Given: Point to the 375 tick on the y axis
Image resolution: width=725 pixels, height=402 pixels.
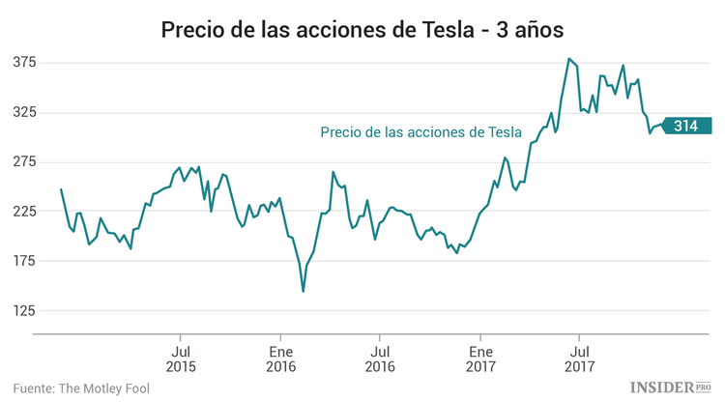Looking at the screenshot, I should tap(24, 63).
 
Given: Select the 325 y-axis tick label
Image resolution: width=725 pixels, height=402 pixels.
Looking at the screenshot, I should tap(24, 112).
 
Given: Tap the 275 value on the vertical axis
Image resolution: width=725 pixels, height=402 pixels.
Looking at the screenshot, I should tap(24, 161).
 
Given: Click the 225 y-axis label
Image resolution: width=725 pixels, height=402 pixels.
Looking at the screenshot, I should tap(24, 211).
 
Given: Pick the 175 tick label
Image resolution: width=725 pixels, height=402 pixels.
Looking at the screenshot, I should tap(24, 261).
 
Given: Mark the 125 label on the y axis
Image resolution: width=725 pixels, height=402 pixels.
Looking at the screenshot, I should tap(24, 310).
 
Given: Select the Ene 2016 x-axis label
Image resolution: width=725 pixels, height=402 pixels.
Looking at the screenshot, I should tap(280, 359).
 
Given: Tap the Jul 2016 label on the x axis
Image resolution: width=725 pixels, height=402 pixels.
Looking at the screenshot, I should tap(381, 359).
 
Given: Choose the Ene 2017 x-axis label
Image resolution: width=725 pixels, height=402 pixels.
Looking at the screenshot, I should tap(480, 359).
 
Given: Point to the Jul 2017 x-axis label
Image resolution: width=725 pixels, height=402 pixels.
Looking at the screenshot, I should tap(579, 359).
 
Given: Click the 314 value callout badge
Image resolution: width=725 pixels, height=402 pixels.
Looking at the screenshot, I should tap(687, 126).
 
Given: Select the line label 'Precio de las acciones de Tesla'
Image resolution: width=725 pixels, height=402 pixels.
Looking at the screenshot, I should tap(420, 132).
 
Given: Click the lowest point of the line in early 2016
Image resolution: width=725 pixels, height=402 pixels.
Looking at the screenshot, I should tap(304, 291).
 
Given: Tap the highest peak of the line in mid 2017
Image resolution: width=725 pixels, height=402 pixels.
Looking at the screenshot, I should tap(568, 59).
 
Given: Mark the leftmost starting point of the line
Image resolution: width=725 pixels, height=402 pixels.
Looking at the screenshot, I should tap(61, 189).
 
